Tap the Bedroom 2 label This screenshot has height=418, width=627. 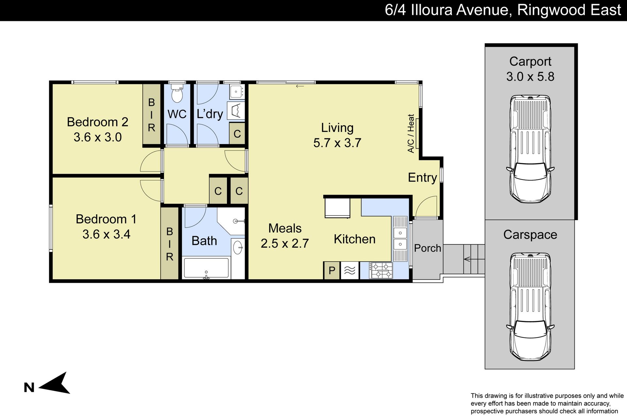coord(97,122)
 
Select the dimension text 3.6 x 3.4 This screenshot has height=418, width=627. coord(106,234)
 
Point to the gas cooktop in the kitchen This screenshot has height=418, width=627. coord(381,271)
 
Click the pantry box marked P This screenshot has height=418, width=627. coord(332,270)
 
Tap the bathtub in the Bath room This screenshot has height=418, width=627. coord(206,268)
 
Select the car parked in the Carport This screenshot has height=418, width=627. coord(530,149)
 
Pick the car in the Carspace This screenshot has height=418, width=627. coord(530,307)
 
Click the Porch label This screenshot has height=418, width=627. coord(427,248)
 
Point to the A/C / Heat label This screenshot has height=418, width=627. coord(411,134)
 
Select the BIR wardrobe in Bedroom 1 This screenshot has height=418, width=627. coord(169,244)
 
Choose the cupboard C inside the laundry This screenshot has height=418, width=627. coord(237,134)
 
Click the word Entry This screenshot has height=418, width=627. coord(422,178)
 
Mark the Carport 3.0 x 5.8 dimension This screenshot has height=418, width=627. coord(530,76)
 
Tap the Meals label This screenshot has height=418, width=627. coord(285,228)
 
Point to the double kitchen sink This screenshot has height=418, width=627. coord(400,238)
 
